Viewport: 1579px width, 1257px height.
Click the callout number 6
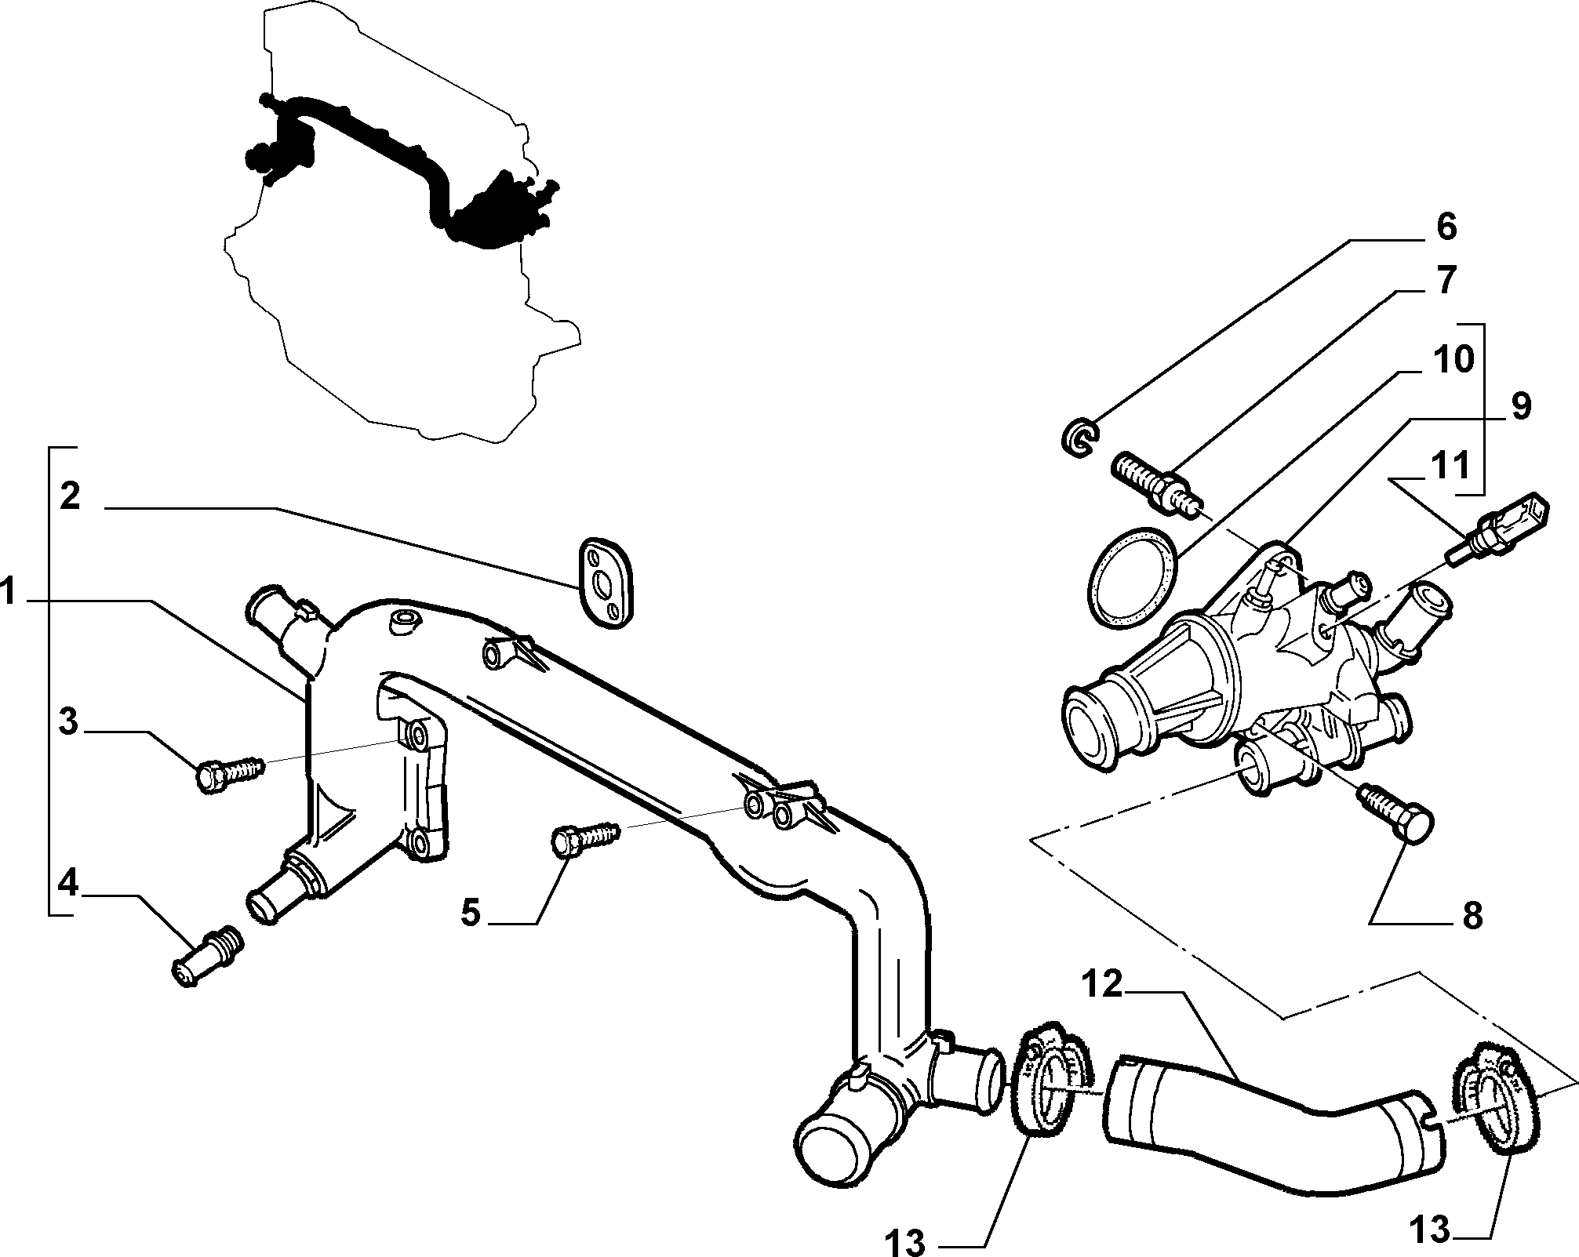[1446, 227]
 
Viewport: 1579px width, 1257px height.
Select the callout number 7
[1446, 280]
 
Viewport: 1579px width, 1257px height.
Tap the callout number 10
[1453, 360]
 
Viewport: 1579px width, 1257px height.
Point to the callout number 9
[1520, 407]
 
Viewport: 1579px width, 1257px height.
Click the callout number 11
[1448, 467]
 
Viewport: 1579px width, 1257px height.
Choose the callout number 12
[1104, 985]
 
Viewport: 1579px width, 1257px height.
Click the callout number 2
[70, 496]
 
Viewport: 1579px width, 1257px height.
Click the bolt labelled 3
[230, 773]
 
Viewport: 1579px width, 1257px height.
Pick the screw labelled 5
[587, 837]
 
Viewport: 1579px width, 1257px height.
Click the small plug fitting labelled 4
[206, 954]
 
